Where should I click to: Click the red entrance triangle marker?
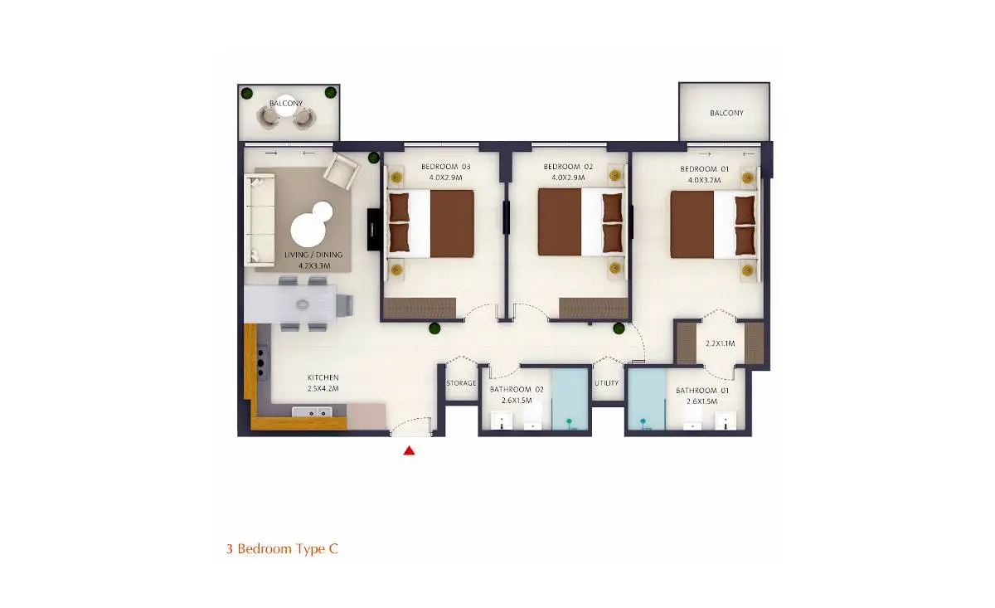click(409, 451)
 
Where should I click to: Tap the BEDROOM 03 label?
click(445, 167)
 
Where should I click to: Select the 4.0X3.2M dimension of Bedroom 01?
click(704, 180)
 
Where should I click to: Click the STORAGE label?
click(461, 383)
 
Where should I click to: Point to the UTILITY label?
click(606, 383)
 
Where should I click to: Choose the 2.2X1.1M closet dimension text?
click(720, 343)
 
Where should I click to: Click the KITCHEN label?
click(323, 377)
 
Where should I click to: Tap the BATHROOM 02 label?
click(517, 389)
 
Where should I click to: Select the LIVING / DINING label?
click(313, 255)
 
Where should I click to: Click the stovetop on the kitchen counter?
click(261, 362)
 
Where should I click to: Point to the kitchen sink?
click(312, 412)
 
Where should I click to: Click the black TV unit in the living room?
click(372, 229)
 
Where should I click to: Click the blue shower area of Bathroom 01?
click(646, 400)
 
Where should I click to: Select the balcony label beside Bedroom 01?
click(726, 113)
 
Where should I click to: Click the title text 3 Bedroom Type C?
click(282, 549)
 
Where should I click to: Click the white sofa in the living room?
click(260, 221)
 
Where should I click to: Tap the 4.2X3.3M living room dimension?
click(314, 265)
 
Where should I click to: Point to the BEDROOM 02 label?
click(568, 167)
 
